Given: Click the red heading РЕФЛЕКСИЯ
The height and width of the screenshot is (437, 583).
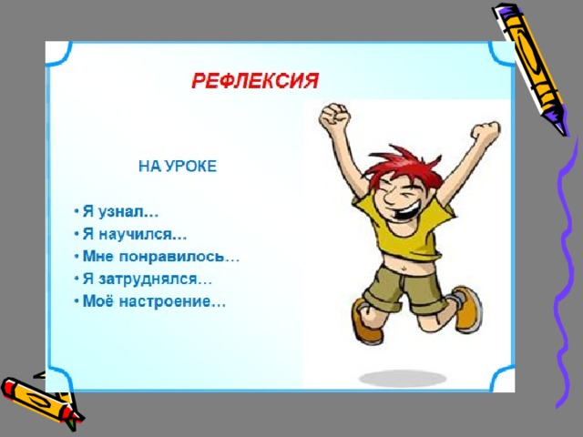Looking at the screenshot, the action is [255, 81].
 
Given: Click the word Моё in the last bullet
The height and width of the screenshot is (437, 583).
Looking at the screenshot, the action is [97, 301].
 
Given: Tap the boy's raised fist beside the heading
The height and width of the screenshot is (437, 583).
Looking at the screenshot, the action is [334, 116].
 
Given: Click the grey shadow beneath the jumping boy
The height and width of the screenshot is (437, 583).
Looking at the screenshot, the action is [403, 379].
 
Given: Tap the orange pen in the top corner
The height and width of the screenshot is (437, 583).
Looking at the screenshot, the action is [531, 69].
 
